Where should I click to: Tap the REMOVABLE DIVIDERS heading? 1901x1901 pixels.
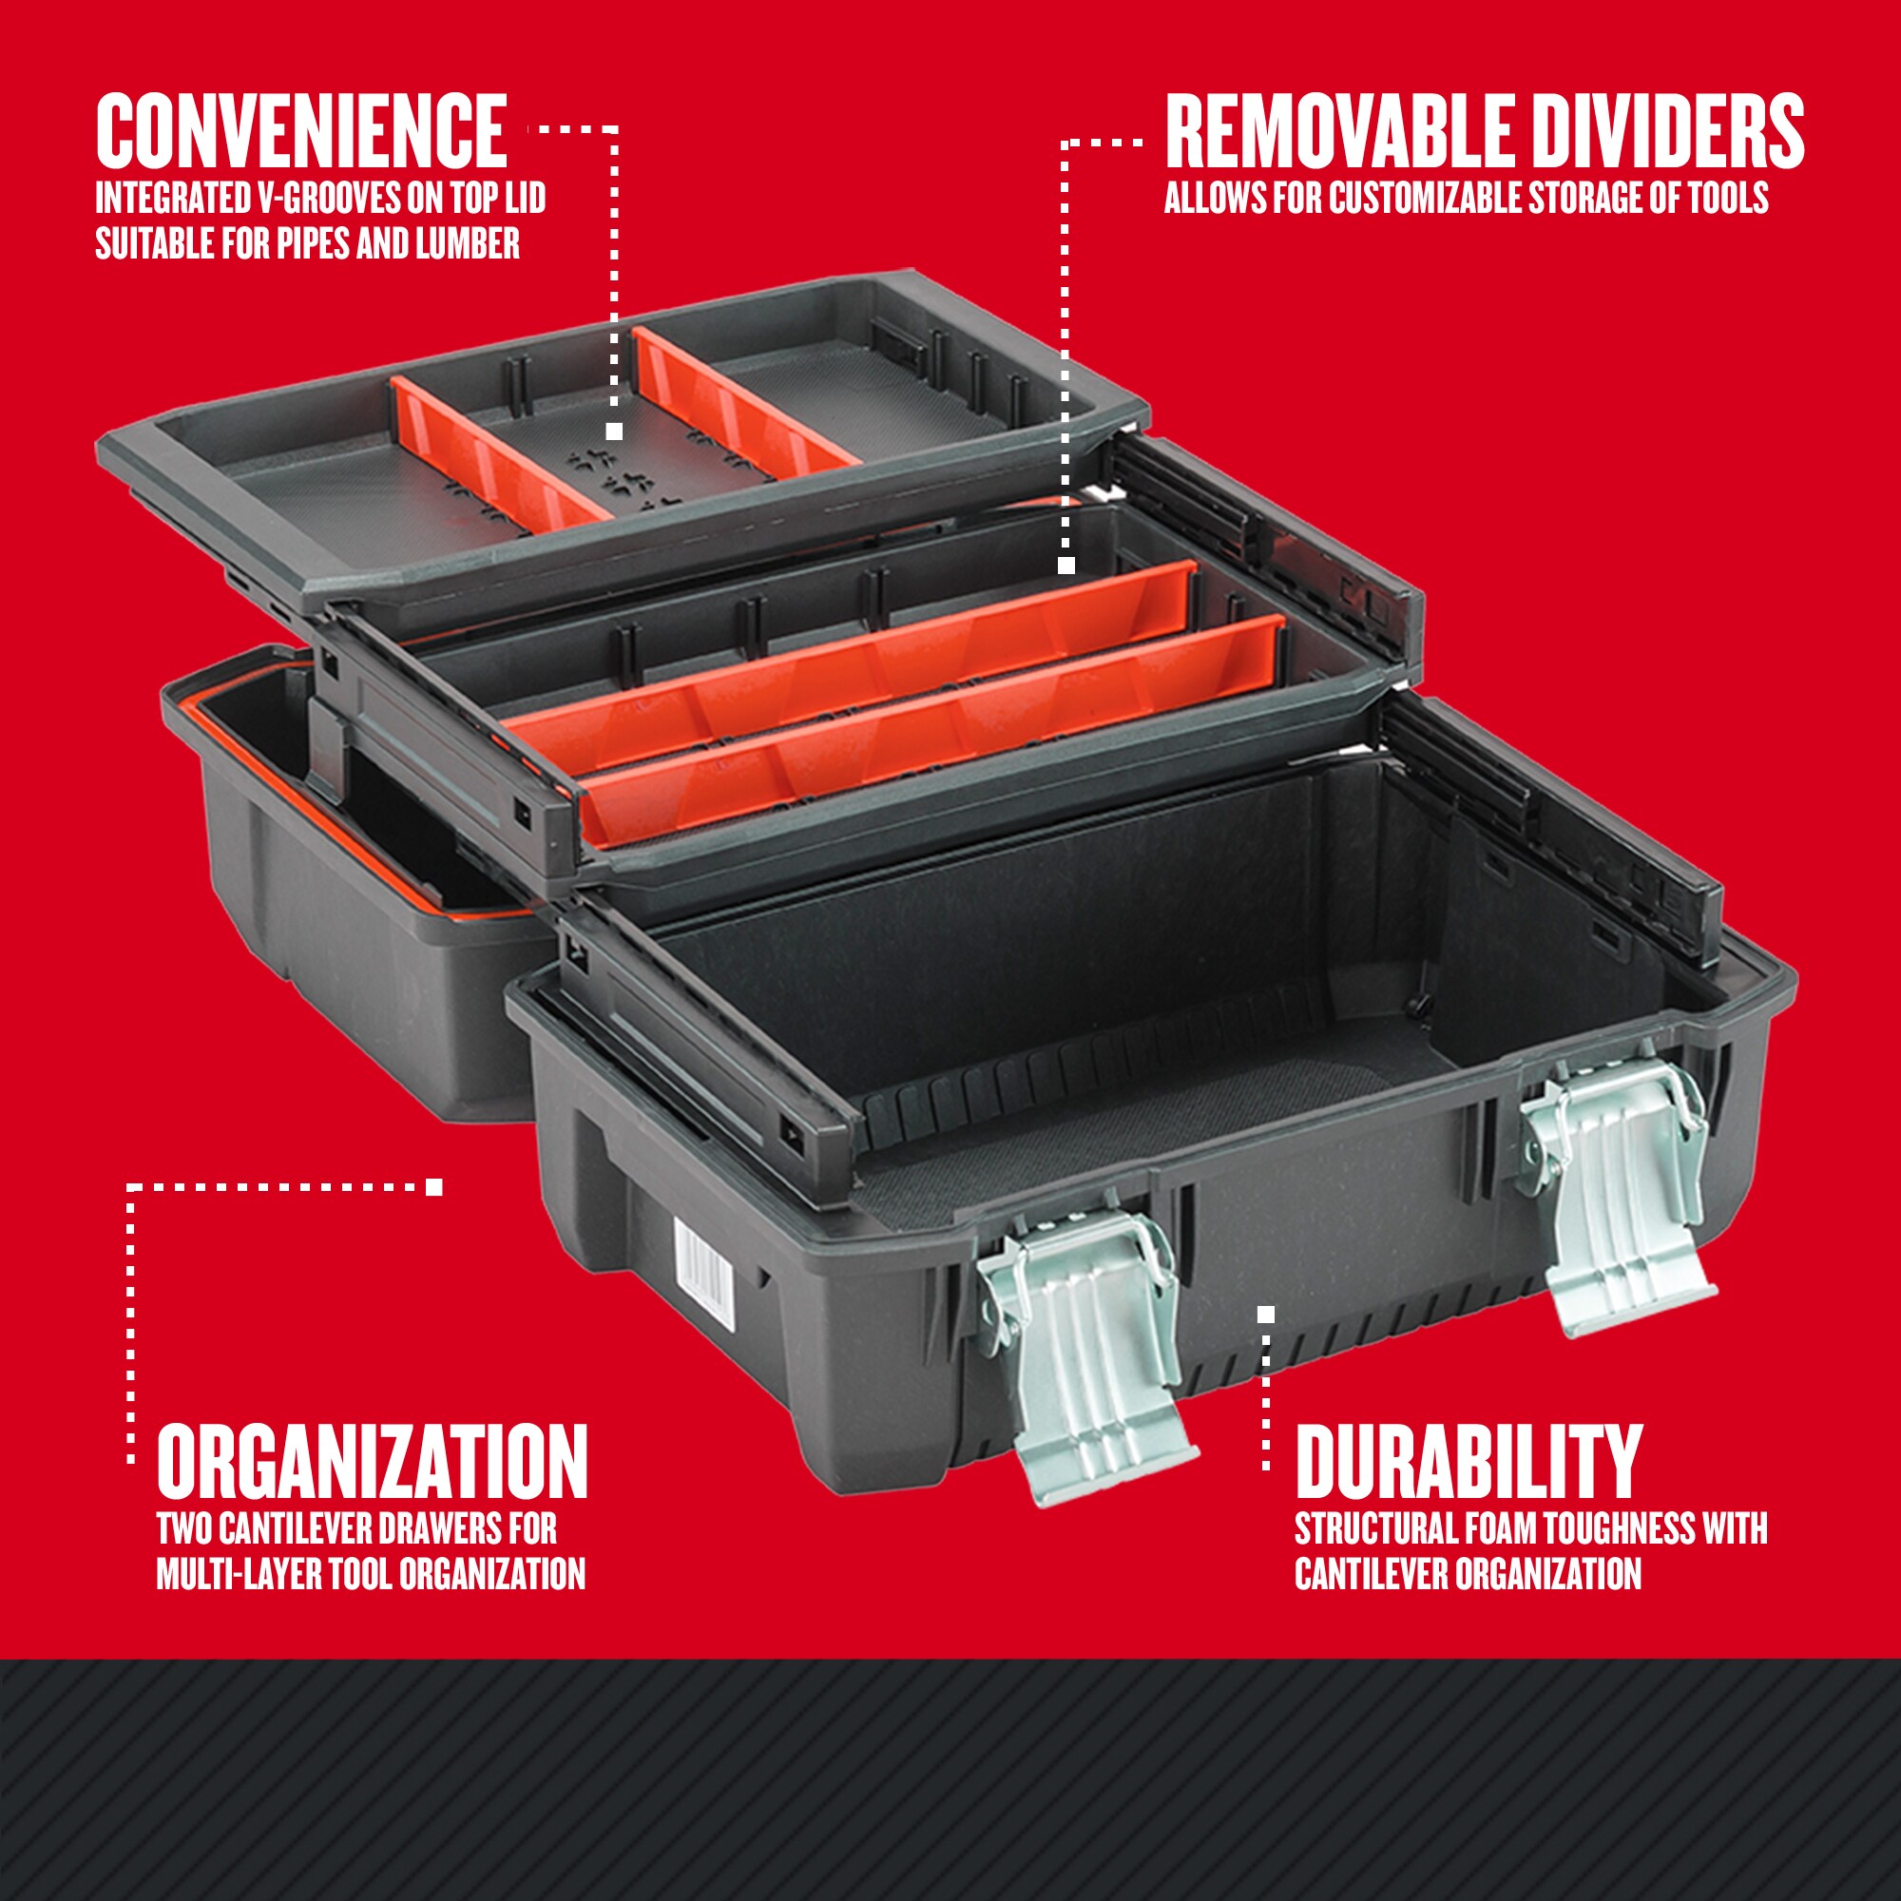pyautogui.click(x=1484, y=133)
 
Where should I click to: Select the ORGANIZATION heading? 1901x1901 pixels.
pyautogui.click(x=372, y=1462)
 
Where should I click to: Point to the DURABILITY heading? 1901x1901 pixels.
pyautogui.click(x=1469, y=1462)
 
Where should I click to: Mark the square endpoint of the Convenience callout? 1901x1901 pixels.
pyautogui.click(x=614, y=431)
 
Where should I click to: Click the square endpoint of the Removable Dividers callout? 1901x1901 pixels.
pyautogui.click(x=1066, y=566)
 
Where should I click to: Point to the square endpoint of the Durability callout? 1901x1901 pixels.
pyautogui.click(x=1266, y=1314)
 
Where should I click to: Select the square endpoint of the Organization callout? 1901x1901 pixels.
pyautogui.click(x=434, y=1186)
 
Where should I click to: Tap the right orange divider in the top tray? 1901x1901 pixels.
pyautogui.click(x=739, y=403)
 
